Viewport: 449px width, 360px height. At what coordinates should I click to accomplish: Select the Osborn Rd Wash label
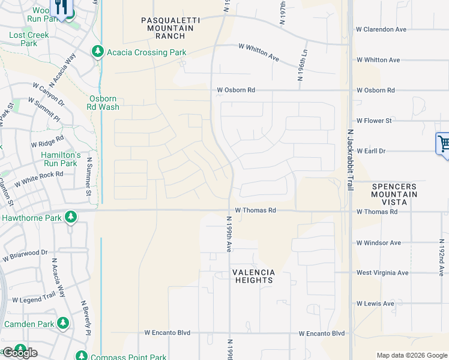tap(104, 103)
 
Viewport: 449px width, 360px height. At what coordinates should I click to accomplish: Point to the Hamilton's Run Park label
tap(59, 159)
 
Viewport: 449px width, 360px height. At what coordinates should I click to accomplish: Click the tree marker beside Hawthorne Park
tap(71, 217)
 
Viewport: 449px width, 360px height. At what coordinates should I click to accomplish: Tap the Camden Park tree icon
tap(62, 324)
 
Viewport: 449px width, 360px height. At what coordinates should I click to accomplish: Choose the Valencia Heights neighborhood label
tap(253, 277)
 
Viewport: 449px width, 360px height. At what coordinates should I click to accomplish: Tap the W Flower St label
tap(374, 121)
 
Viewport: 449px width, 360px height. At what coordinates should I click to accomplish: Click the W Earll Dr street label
tap(373, 151)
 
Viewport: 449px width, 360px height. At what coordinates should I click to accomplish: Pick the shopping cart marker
tap(443, 144)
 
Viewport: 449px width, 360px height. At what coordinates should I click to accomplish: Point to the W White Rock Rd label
tap(38, 178)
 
